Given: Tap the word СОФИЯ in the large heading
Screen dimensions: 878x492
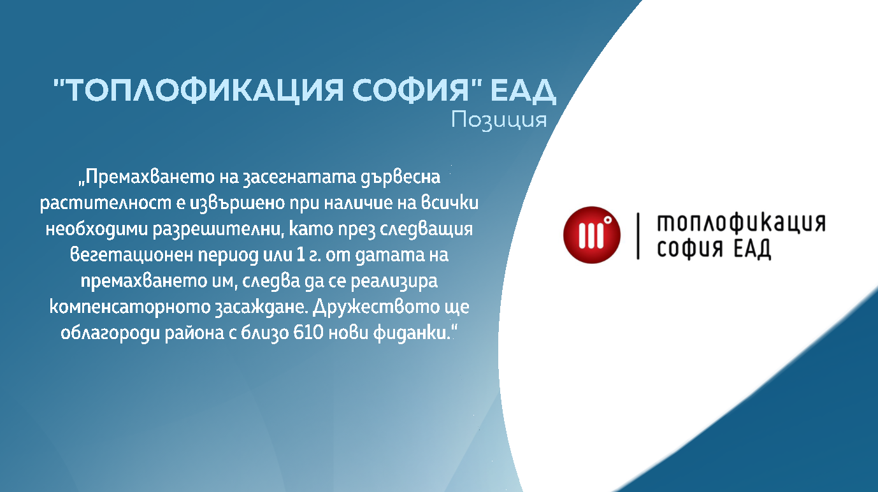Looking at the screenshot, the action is pos(410,90).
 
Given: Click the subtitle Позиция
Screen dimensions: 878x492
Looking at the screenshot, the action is pos(499,120).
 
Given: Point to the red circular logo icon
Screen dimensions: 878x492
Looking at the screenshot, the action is pos(592,235).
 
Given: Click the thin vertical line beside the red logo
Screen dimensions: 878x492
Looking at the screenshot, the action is pos(638,236).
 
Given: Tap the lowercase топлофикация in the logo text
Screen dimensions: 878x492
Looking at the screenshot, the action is pos(741,223).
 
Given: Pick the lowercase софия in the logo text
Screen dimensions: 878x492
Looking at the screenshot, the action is pos(690,249).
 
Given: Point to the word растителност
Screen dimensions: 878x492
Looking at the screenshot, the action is pos(106,203).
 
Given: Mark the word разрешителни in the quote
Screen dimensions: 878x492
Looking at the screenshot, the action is pos(217,229).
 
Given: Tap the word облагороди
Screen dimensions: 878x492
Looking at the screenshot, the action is pos(110,333).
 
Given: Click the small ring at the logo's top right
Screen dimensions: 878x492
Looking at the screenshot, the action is pos(608,220).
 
